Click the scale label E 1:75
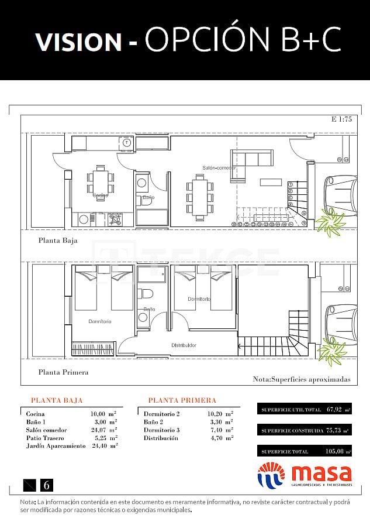341,119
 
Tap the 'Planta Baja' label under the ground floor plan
57,240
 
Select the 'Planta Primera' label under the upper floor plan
63,372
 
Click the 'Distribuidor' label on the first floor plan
184,345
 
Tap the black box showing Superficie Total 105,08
305,451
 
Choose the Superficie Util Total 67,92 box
305,409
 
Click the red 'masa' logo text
321,473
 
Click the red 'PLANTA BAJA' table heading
57,400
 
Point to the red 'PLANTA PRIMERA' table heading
182,400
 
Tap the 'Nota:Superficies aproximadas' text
301,379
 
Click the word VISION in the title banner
78,42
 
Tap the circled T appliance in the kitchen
127,142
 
